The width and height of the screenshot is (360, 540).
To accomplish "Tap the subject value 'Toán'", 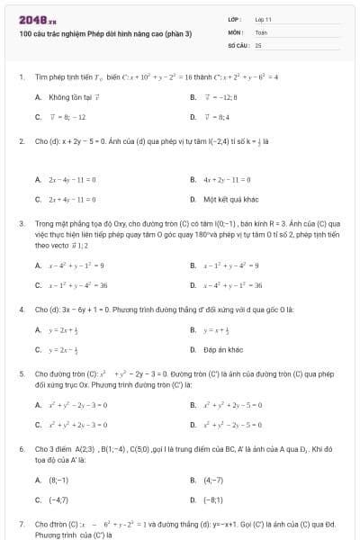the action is pos(262,31).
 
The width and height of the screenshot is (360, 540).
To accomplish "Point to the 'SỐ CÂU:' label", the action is pos(238,44).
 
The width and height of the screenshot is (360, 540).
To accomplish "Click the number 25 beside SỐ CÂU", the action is pos(258,44).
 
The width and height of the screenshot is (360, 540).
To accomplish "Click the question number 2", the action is pos(21,141).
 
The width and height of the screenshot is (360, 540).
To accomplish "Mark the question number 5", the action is pos(21,372).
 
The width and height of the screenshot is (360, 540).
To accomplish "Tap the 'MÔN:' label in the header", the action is pos(236,31).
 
